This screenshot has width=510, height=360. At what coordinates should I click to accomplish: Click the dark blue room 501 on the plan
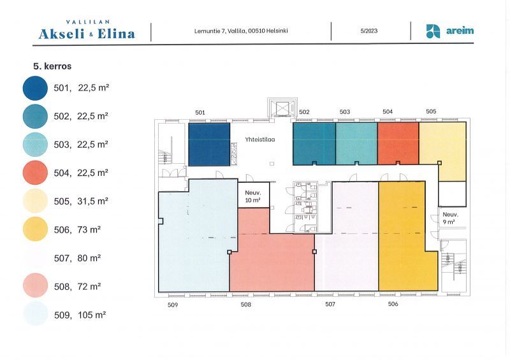(209, 144)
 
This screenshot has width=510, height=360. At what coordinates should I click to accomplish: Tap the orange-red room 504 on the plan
(398, 143)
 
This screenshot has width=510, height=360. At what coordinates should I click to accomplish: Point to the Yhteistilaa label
(260, 139)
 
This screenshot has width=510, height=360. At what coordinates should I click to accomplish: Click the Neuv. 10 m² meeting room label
(252, 196)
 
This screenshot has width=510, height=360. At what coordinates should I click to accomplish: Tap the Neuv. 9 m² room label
(450, 218)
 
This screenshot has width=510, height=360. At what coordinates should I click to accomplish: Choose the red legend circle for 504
(35, 173)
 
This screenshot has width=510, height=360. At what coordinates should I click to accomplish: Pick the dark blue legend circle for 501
(35, 88)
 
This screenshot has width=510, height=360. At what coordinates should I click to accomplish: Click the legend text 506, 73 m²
(77, 229)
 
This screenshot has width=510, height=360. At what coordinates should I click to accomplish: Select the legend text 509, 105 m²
(80, 315)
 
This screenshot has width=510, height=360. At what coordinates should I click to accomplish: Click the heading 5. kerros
(52, 66)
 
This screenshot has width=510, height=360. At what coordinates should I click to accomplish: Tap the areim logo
(450, 31)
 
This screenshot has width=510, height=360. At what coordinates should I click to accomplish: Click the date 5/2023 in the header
(369, 31)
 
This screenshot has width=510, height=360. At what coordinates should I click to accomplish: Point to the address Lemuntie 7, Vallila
(220, 31)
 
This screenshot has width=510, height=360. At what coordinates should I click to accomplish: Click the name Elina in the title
(116, 34)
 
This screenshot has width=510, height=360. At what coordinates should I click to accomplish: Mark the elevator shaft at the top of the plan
(282, 108)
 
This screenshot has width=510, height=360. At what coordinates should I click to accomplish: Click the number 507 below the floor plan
(330, 304)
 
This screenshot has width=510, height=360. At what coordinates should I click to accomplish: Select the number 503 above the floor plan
(345, 112)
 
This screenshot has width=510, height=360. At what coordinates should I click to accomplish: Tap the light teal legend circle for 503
(35, 145)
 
